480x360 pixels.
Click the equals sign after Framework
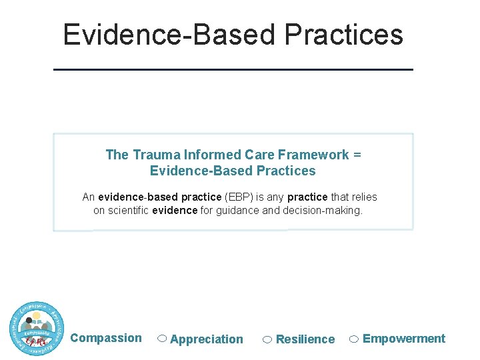tap(357, 155)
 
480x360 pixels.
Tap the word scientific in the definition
tap(128, 211)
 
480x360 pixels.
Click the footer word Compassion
tap(106, 338)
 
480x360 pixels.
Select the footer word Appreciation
tap(207, 339)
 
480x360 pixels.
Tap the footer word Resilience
tap(305, 339)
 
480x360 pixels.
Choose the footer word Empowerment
tap(404, 339)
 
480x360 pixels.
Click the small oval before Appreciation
tap(162, 339)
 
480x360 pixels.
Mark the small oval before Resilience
tap(267, 339)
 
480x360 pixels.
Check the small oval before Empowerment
tap(355, 339)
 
